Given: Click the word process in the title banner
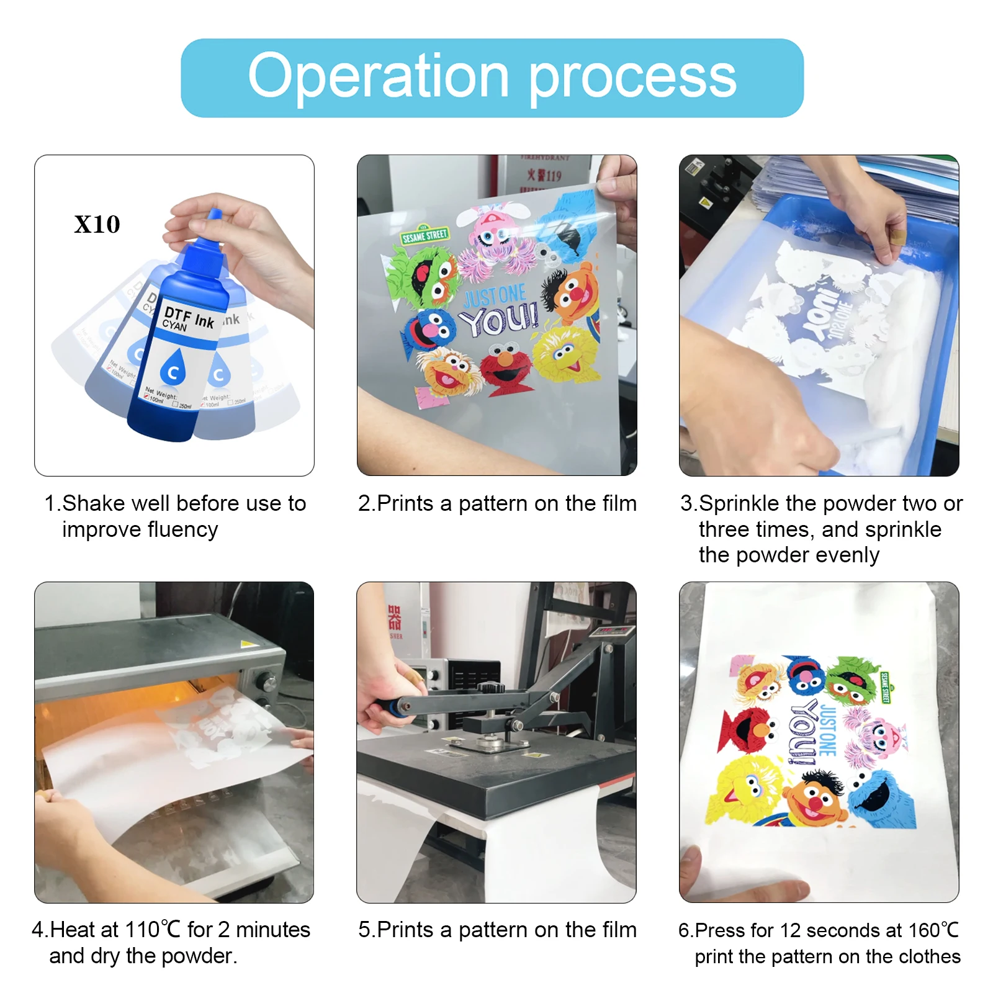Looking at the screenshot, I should pyautogui.click(x=632, y=78).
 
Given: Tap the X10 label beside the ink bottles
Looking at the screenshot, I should pyautogui.click(x=97, y=224).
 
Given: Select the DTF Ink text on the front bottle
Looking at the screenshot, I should pyautogui.click(x=189, y=316).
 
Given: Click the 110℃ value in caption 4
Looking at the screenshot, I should pyautogui.click(x=153, y=930).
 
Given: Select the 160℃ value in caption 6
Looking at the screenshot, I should pyautogui.click(x=933, y=930).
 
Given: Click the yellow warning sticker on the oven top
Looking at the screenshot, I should pyautogui.click(x=247, y=644).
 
